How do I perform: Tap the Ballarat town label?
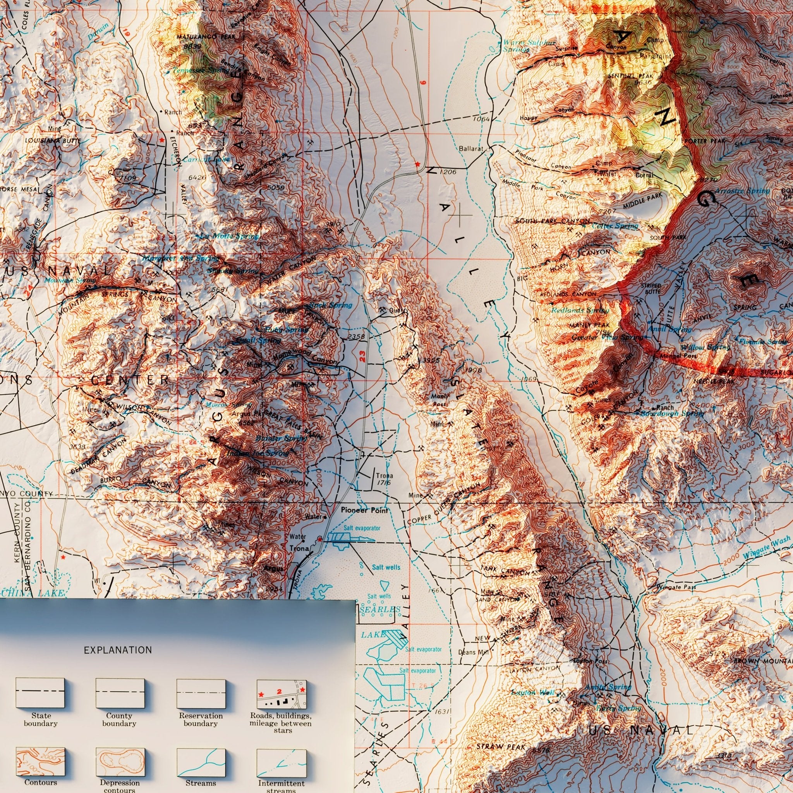(x=472, y=148)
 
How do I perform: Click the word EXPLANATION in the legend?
(x=118, y=650)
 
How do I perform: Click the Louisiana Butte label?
(x=53, y=141)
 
